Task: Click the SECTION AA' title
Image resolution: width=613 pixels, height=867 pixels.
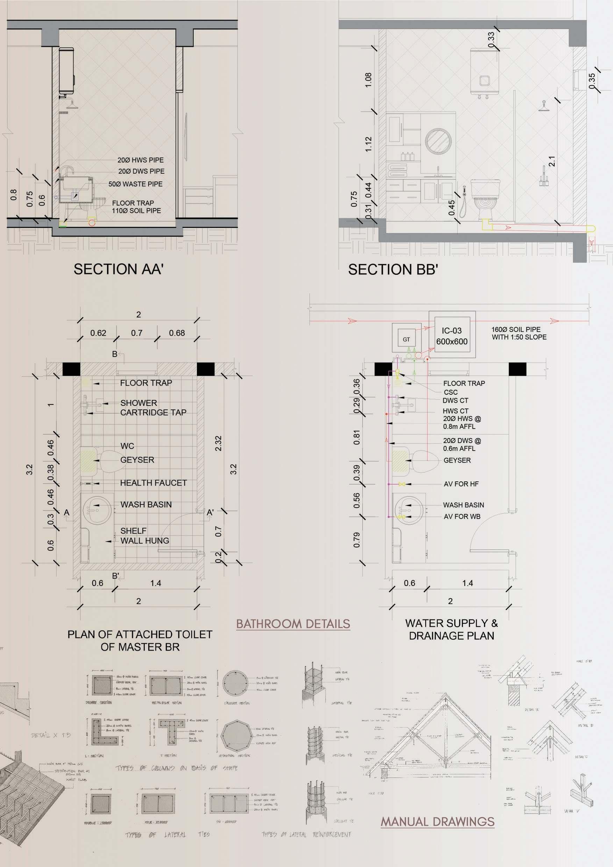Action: pyautogui.click(x=118, y=269)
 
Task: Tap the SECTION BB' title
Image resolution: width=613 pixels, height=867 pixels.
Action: pyautogui.click(x=393, y=270)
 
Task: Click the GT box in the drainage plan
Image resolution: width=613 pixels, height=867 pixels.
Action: pyautogui.click(x=406, y=339)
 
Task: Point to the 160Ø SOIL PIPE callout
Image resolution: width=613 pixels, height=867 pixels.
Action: pyautogui.click(x=519, y=333)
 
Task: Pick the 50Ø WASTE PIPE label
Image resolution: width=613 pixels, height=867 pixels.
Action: pyautogui.click(x=135, y=184)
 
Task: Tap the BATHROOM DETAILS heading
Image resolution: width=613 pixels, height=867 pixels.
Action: pyautogui.click(x=293, y=624)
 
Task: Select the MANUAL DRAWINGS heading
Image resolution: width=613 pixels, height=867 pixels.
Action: pyautogui.click(x=437, y=822)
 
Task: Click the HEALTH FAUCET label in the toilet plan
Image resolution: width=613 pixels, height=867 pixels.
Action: pyautogui.click(x=154, y=483)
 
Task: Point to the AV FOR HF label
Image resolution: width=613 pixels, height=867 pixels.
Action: pyautogui.click(x=461, y=484)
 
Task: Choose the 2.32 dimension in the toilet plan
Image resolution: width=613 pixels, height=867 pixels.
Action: pyautogui.click(x=218, y=443)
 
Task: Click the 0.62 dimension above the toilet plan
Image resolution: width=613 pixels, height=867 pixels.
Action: pyautogui.click(x=98, y=333)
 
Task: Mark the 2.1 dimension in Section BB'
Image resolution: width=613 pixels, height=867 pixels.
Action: pyautogui.click(x=552, y=161)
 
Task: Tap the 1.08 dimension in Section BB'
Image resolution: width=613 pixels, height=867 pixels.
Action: pyautogui.click(x=368, y=80)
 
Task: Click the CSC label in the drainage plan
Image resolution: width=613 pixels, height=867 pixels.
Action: pyautogui.click(x=451, y=392)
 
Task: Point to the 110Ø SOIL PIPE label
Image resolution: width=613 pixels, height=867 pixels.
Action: pyautogui.click(x=136, y=211)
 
